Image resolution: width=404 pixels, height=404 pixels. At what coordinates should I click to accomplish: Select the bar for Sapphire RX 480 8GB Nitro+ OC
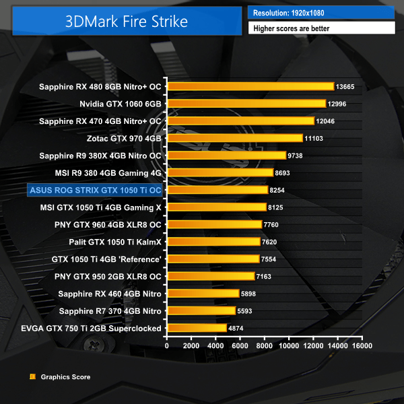250,86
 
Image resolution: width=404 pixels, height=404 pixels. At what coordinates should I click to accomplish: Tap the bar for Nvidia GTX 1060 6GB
246,104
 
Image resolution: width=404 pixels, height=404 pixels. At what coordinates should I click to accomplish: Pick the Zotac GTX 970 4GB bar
235,138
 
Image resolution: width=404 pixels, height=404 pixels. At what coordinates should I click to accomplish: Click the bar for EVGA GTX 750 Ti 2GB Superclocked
197,328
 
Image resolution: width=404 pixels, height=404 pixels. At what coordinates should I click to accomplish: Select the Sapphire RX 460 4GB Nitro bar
203,294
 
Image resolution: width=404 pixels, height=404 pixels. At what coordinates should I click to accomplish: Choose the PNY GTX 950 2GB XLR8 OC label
108,276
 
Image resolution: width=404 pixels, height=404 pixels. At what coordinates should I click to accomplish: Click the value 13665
345,87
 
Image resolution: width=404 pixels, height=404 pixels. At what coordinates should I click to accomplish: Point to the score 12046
325,121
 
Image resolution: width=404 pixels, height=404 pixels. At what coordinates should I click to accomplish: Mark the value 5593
246,311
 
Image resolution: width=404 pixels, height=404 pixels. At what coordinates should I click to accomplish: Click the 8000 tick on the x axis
265,345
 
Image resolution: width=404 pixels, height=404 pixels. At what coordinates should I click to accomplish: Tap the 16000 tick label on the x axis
361,345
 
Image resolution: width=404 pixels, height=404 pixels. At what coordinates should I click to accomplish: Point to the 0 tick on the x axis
167,345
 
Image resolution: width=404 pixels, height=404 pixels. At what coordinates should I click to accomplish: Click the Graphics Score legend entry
65,377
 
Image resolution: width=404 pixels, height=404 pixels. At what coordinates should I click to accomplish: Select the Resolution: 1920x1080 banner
321,13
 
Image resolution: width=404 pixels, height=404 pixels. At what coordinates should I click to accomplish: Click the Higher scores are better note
321,28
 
